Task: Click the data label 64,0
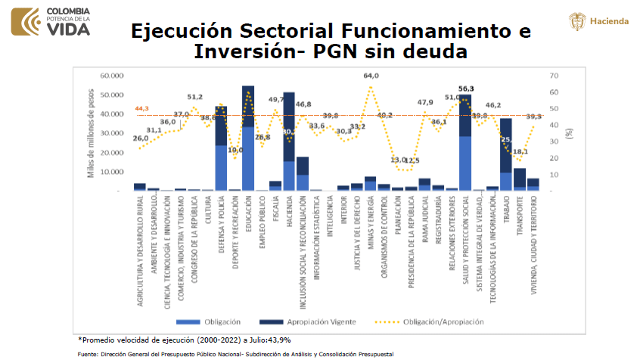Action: (371, 76)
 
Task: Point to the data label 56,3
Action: (466, 88)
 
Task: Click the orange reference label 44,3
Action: (141, 108)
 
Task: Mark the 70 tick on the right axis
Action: (554, 76)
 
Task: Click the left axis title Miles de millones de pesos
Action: (91, 133)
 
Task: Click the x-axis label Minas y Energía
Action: (371, 223)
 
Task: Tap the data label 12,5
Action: (412, 161)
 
